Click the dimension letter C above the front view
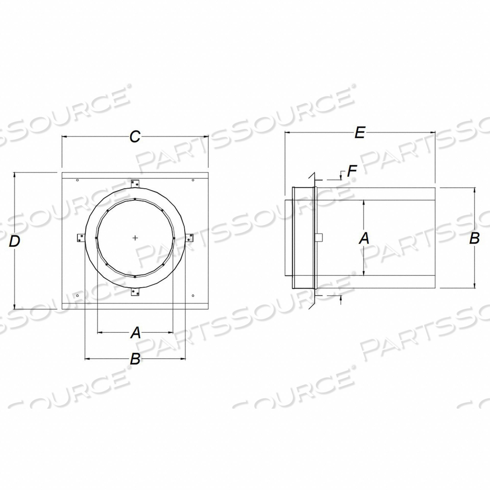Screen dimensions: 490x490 [x=135, y=137]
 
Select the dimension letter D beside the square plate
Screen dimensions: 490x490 [x=16, y=241]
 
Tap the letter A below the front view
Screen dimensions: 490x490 [x=135, y=333]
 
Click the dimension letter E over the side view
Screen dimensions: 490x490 [x=360, y=133]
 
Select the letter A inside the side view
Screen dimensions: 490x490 [x=364, y=238]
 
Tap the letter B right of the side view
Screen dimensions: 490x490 [x=474, y=239]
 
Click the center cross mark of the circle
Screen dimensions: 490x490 [x=135, y=238]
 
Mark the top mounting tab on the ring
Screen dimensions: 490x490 [x=136, y=184]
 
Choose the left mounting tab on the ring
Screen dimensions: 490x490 [x=80, y=238]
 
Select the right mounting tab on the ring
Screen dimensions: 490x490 [x=190, y=238]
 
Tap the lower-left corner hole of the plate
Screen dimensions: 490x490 [x=78, y=295]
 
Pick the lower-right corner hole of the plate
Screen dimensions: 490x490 [x=193, y=295]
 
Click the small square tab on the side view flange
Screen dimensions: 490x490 [x=319, y=238]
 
